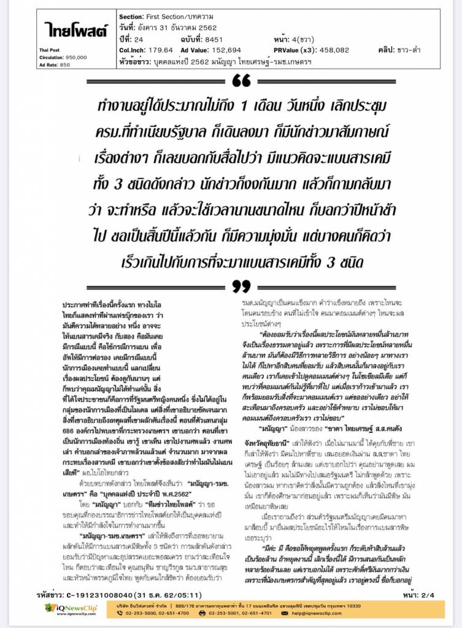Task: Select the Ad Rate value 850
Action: pos(65,64)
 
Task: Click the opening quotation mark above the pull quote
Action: pos(242,81)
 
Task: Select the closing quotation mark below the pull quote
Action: pos(242,286)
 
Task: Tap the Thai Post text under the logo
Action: pos(50,50)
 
